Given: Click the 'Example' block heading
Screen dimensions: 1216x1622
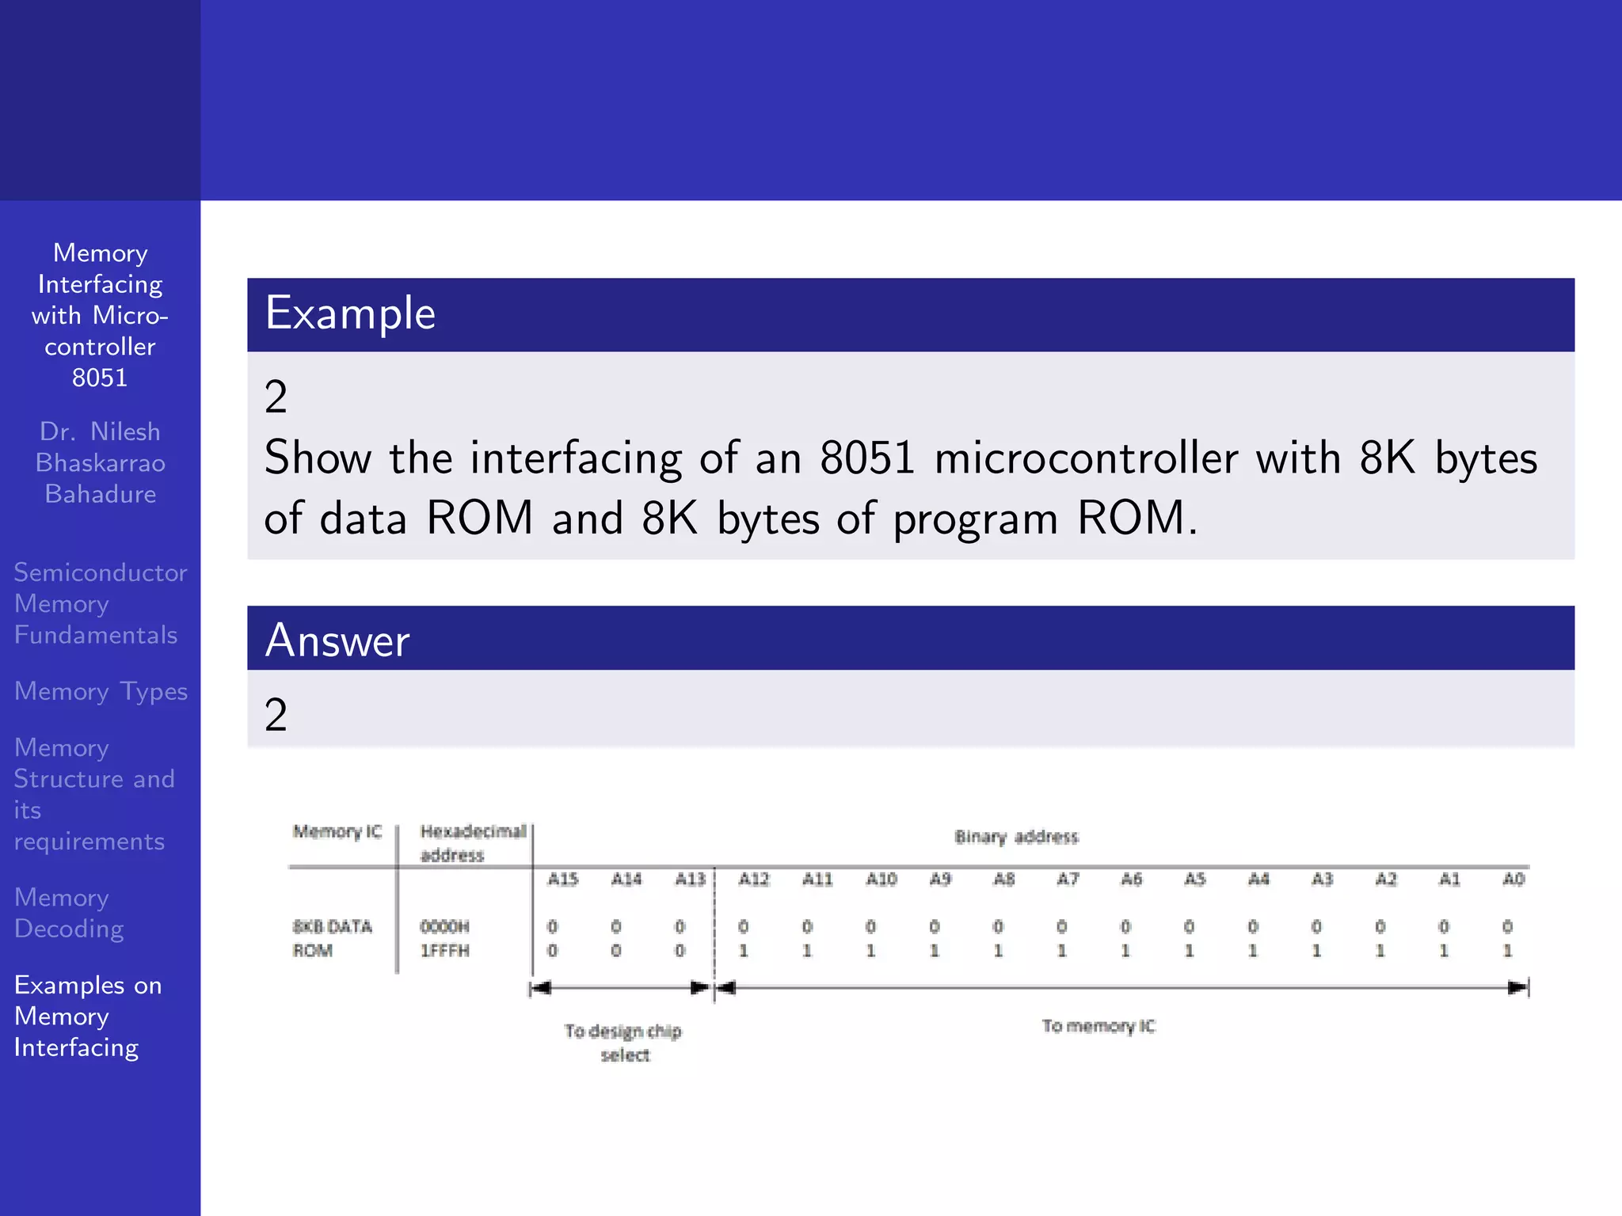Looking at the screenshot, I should [x=350, y=313].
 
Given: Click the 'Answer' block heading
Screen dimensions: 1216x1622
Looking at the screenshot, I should [x=337, y=640].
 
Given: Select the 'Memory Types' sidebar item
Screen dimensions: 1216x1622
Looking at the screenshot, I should [x=101, y=691].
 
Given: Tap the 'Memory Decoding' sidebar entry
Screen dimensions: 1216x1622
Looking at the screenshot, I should [x=69, y=913].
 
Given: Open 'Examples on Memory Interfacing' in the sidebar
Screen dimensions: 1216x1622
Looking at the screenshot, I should [x=87, y=1016].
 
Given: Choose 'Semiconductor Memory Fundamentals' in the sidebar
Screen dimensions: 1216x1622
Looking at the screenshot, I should [x=100, y=603].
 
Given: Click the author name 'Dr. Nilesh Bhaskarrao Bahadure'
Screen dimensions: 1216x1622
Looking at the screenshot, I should [x=101, y=462].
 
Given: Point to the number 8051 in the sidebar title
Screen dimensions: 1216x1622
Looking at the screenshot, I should [x=100, y=378].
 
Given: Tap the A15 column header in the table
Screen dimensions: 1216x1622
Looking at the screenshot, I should [x=563, y=879].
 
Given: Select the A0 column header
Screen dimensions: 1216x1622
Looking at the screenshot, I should [x=1513, y=879].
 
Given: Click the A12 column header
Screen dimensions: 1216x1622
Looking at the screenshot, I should [x=753, y=879].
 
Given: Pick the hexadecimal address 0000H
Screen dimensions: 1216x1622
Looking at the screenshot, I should [x=444, y=926].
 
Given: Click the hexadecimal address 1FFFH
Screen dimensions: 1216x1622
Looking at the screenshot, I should [x=444, y=950].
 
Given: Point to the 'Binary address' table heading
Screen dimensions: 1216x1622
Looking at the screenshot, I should [x=1016, y=837].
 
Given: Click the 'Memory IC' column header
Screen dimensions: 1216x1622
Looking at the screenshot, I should [x=337, y=831].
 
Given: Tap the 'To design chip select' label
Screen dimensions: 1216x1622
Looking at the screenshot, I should [x=623, y=1043].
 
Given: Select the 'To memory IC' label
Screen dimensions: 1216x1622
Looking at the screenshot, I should [x=1098, y=1026].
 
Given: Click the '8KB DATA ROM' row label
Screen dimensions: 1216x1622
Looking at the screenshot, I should [x=332, y=938].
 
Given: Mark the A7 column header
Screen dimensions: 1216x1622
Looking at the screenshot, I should [x=1068, y=879].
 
